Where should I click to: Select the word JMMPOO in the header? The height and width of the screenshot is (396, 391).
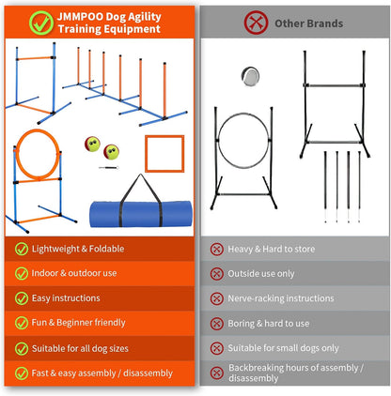78,13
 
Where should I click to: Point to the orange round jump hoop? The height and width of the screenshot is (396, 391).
34,154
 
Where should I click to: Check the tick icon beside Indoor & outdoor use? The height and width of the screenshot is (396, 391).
23,274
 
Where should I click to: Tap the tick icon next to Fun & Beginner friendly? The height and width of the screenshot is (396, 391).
23,323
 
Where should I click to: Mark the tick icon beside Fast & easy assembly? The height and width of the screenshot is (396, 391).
23,373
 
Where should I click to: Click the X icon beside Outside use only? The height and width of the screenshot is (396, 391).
217,274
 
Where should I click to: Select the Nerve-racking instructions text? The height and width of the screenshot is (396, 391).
295,298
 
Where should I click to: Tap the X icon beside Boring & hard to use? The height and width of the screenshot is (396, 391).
217,323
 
